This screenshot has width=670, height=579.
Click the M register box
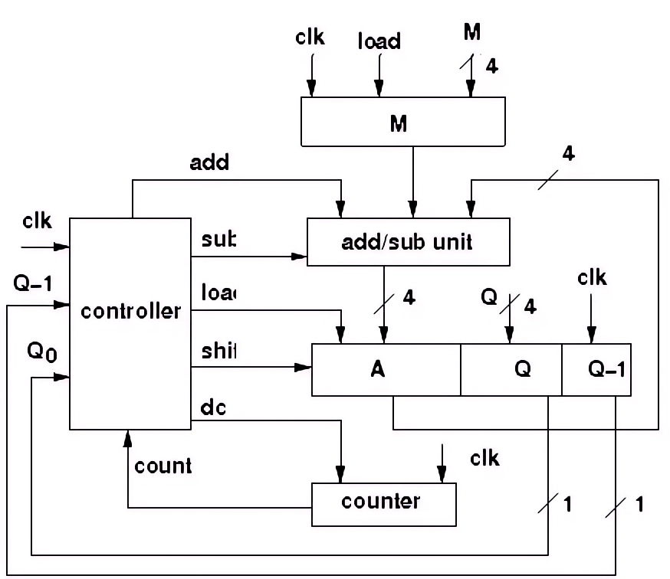(402, 121)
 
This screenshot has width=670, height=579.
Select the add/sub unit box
(407, 242)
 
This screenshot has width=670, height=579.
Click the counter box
(383, 503)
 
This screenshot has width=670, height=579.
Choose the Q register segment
(511, 369)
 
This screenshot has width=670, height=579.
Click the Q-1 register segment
(596, 369)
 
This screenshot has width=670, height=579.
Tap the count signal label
(163, 465)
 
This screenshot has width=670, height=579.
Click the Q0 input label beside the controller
(42, 352)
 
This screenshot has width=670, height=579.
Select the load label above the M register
(379, 41)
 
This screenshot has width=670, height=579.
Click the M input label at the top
(473, 32)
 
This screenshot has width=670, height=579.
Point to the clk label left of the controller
(36, 221)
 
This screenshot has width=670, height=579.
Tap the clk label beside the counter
(484, 458)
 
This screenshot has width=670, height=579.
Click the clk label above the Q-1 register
(591, 277)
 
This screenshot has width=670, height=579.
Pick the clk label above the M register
(310, 37)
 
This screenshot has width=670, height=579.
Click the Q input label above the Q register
(489, 295)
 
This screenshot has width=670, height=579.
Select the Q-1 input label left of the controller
(34, 284)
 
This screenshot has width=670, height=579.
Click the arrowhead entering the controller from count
(128, 437)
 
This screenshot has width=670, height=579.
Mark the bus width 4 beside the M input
(491, 67)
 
